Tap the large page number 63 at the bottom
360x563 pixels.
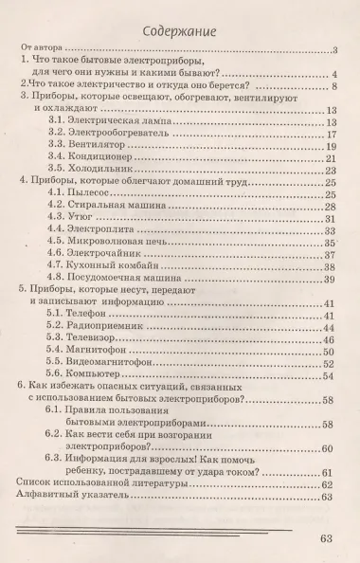[329, 540]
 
